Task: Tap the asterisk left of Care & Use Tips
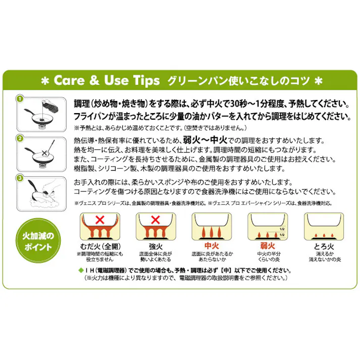[x=45, y=80]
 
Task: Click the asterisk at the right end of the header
[x=319, y=80]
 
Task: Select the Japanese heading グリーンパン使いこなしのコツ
[x=238, y=80]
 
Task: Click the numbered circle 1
[x=20, y=98]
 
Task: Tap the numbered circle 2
[x=20, y=138]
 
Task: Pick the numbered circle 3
[x=20, y=178]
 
